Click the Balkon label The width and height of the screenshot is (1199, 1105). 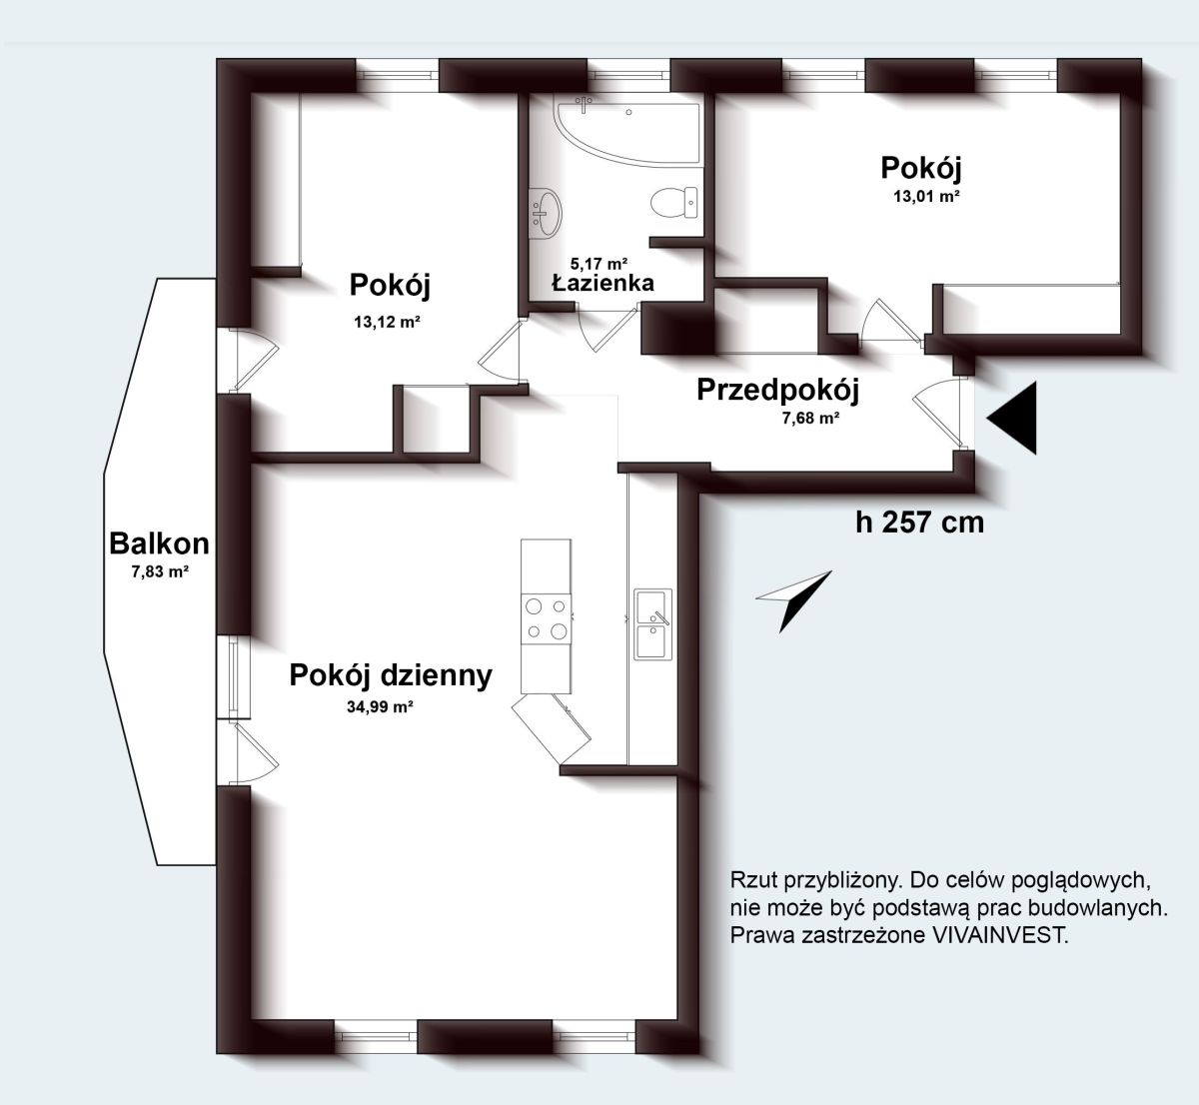click(x=159, y=545)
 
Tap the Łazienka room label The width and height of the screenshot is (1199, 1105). click(x=602, y=283)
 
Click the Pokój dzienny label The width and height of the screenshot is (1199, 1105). click(x=391, y=676)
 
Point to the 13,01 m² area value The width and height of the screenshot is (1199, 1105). click(x=926, y=196)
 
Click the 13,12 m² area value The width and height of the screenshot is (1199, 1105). click(x=387, y=323)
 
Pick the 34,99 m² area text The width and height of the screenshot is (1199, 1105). click(x=380, y=707)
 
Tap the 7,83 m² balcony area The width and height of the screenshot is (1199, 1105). click(x=160, y=571)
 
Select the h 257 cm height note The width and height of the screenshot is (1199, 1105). click(x=919, y=523)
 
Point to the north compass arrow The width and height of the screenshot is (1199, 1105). click(x=793, y=599)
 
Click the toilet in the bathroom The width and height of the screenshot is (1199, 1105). click(x=673, y=203)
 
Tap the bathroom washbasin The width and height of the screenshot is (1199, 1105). click(x=546, y=212)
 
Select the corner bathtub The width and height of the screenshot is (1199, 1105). click(x=628, y=133)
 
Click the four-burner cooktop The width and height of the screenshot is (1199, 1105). click(x=546, y=618)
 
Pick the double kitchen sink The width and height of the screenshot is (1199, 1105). click(x=652, y=624)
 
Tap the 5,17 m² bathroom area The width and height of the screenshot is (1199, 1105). click(x=599, y=263)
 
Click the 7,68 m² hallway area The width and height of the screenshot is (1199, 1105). click(x=810, y=418)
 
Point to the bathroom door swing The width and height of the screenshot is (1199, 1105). click(x=606, y=329)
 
